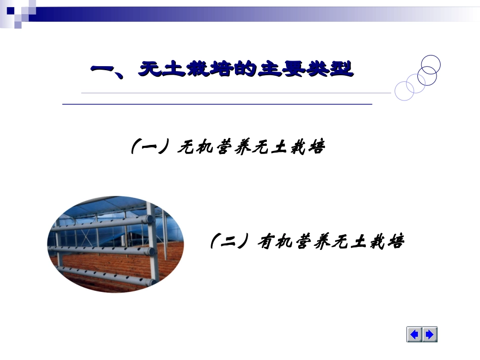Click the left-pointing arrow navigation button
point(414,334)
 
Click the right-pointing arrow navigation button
point(430,334)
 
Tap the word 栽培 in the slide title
point(209,69)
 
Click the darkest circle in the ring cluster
point(430,64)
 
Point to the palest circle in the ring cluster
point(404,91)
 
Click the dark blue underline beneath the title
point(217,104)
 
